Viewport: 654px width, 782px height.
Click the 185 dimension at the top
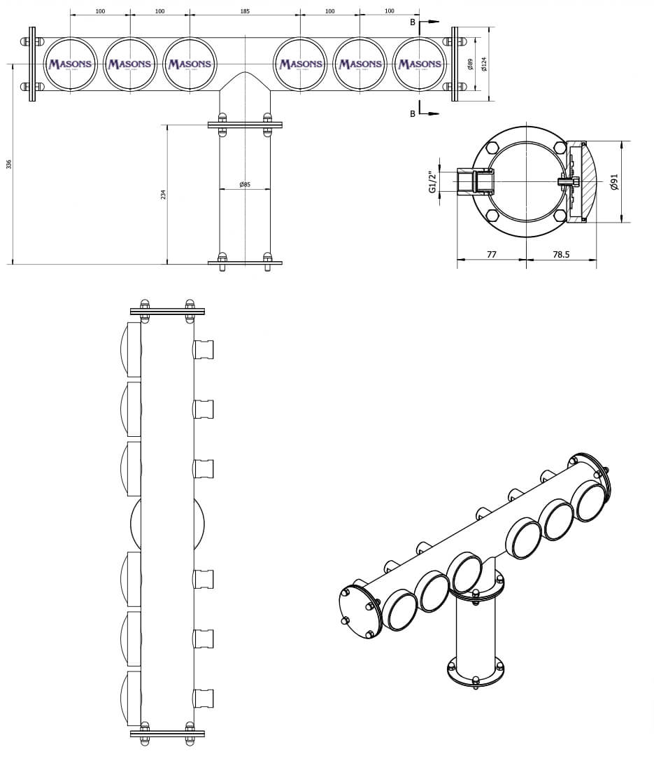[x=244, y=11]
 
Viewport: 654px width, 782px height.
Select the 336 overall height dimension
[x=9, y=164]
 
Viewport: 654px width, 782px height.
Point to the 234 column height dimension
[x=164, y=194]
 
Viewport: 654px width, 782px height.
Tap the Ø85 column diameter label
[x=245, y=185]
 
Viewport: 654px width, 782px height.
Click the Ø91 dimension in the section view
[x=614, y=183]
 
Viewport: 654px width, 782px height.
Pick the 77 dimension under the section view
[x=491, y=255]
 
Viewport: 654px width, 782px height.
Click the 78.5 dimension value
[x=561, y=255]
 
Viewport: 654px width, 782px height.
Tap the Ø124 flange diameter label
[x=484, y=64]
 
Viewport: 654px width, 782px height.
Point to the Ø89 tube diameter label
[x=470, y=64]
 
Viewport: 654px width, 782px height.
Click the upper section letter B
[x=413, y=22]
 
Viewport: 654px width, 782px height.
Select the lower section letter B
[x=413, y=113]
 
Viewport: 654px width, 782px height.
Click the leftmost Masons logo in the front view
[x=70, y=64]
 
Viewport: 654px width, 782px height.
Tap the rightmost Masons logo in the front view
[x=420, y=64]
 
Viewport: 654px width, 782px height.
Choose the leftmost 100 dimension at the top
[x=100, y=11]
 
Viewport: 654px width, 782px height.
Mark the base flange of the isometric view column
[x=476, y=673]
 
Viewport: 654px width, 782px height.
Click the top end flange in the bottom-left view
[x=167, y=311]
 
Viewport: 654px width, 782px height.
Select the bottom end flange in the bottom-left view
[x=167, y=734]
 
